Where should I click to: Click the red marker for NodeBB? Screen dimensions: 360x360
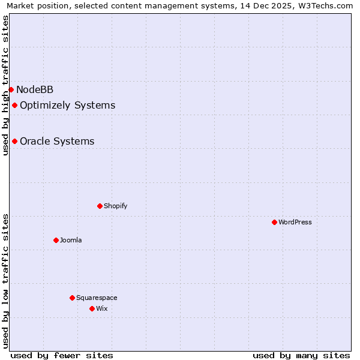click(x=11, y=89)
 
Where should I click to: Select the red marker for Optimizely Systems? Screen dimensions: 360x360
click(x=14, y=106)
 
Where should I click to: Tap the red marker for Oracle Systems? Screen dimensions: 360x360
click(x=14, y=142)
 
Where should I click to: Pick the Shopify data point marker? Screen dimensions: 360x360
click(x=100, y=206)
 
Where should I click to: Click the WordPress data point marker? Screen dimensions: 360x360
click(x=274, y=222)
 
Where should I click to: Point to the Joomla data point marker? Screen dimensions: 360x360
click(x=56, y=240)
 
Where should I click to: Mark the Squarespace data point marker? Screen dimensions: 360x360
click(x=72, y=298)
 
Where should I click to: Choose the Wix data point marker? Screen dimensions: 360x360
click(x=92, y=308)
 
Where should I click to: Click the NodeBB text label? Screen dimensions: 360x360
click(x=35, y=90)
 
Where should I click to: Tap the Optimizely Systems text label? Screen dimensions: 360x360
click(x=67, y=106)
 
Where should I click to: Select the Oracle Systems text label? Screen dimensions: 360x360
click(x=57, y=142)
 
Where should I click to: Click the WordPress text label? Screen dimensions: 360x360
click(x=295, y=222)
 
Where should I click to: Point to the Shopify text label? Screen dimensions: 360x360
click(x=115, y=206)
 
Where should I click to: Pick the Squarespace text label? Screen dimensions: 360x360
click(x=97, y=298)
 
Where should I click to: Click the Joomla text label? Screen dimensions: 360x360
click(x=71, y=240)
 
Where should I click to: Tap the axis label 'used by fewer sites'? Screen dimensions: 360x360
click(x=62, y=355)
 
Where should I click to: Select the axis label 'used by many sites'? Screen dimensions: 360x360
click(x=301, y=355)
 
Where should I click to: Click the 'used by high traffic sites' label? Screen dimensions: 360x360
click(x=5, y=85)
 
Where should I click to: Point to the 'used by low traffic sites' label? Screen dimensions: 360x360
click(x=5, y=281)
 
